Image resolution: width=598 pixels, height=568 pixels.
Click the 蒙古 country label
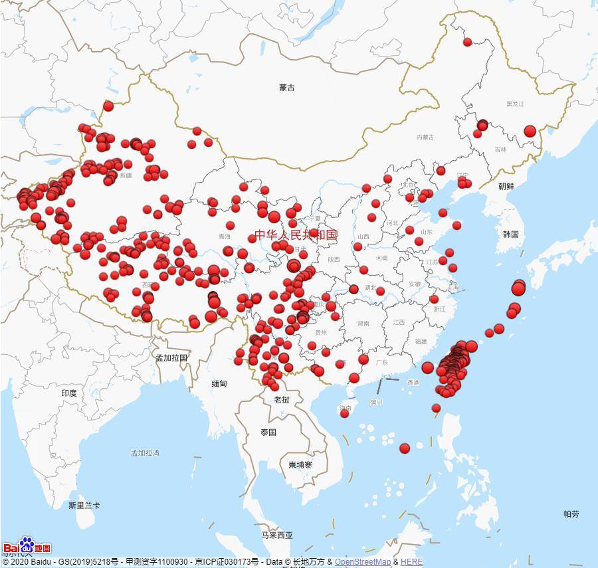(287, 88)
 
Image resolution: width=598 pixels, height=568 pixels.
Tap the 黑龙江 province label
(515, 104)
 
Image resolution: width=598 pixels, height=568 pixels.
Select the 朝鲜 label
(506, 187)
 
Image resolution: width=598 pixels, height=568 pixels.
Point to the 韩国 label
(510, 235)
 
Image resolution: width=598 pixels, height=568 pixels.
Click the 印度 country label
(69, 393)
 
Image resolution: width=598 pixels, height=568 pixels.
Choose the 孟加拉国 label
(171, 357)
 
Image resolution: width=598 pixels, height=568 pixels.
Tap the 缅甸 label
(219, 384)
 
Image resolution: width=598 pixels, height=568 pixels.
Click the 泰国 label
(268, 432)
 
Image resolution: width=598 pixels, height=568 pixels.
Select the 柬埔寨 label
(300, 464)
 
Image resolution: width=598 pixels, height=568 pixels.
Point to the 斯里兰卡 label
(84, 506)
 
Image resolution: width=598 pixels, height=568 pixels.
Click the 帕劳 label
(571, 514)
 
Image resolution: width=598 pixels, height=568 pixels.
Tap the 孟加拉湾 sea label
(145, 453)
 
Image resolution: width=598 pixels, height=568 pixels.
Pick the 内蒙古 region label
(425, 138)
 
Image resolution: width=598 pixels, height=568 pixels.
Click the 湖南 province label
(363, 324)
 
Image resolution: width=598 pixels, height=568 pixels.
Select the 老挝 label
(282, 399)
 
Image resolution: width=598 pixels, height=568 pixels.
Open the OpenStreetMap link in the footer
(363, 562)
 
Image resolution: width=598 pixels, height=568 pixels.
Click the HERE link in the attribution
(411, 562)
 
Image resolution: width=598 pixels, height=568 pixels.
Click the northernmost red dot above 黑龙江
(467, 42)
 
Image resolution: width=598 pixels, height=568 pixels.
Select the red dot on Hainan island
(344, 413)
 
